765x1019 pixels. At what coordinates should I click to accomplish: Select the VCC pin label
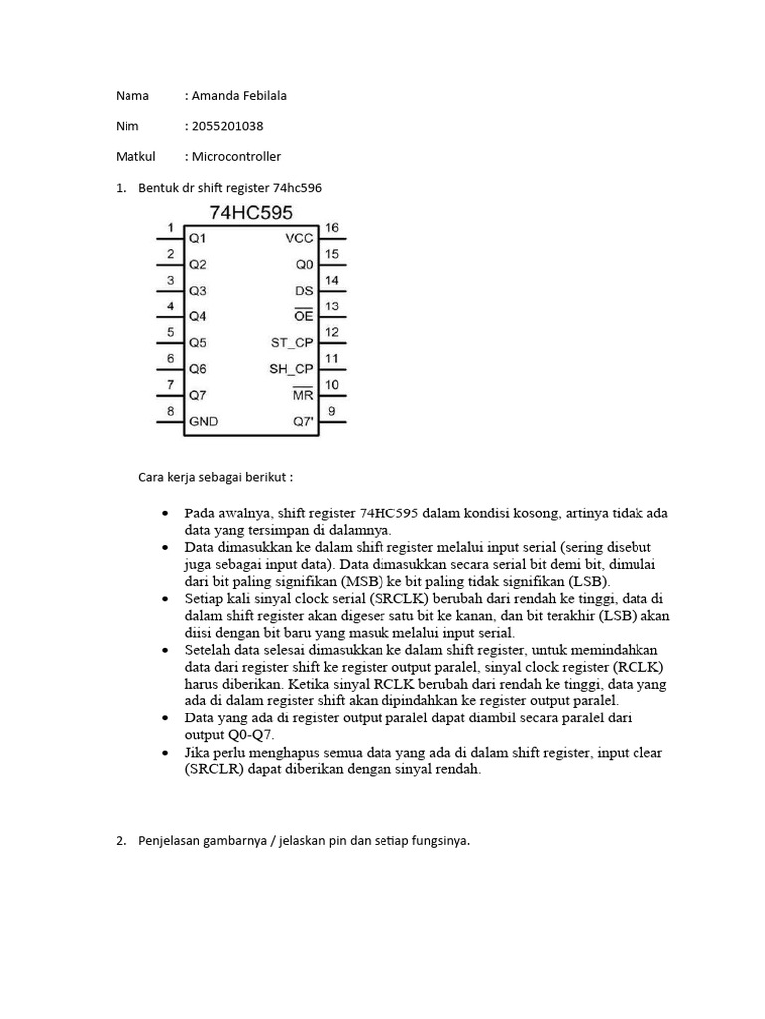[x=299, y=239]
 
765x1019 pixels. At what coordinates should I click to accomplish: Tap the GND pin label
[x=204, y=421]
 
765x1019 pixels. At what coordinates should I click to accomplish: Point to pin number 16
[x=332, y=228]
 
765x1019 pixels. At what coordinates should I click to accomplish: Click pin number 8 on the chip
[x=170, y=410]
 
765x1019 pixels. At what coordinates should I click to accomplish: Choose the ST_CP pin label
[x=292, y=343]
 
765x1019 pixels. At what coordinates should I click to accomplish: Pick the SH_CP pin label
[x=292, y=369]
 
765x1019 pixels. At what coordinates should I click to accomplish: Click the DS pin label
[x=304, y=291]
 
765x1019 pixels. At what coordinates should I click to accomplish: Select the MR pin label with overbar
[x=303, y=395]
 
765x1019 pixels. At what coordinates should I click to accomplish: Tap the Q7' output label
[x=303, y=421]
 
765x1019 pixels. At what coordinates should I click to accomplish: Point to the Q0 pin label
[x=304, y=265]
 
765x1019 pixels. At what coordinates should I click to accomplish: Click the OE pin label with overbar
[x=304, y=316]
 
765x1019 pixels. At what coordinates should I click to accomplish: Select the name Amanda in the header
[x=216, y=96]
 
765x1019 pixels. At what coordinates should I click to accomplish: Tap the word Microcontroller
[x=236, y=156]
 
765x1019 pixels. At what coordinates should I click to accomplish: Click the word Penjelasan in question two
[x=170, y=841]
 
